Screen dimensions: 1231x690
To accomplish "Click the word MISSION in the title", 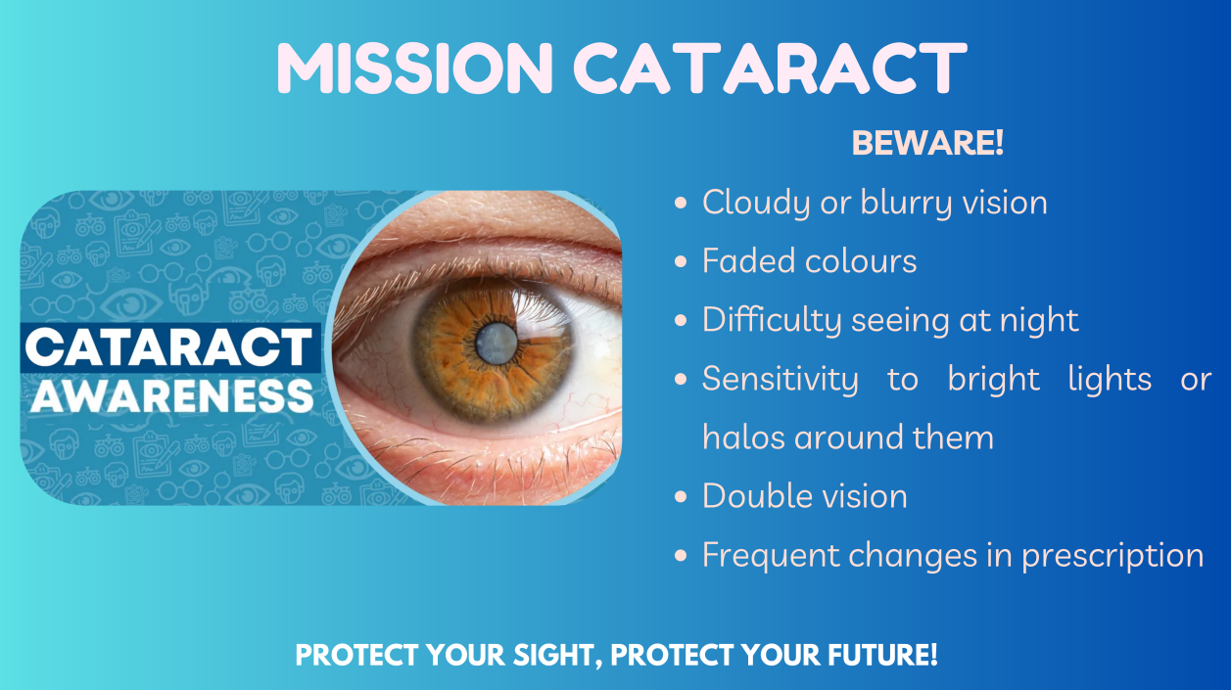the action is click(x=415, y=69).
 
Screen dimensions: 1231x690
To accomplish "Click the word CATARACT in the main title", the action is click(x=770, y=69).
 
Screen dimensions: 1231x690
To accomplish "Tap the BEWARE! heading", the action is click(x=927, y=143).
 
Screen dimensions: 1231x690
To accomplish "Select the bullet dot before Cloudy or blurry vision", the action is click(x=681, y=203).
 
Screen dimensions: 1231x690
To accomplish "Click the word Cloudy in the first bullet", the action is click(x=756, y=204).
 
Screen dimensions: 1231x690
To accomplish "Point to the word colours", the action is click(x=861, y=260).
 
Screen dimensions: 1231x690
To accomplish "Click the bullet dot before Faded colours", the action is click(x=681, y=261).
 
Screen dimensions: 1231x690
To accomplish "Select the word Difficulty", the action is click(x=772, y=320).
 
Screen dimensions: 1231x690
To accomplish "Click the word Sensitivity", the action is click(x=781, y=380).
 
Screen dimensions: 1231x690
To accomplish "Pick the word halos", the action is click(x=743, y=437).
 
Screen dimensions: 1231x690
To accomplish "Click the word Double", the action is click(x=757, y=496).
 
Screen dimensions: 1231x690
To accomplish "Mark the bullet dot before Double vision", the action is click(x=681, y=496).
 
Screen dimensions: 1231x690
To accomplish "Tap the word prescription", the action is click(x=1113, y=556).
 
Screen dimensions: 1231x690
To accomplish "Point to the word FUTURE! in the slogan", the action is click(x=882, y=655).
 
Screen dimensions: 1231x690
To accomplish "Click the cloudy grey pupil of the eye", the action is click(x=497, y=344).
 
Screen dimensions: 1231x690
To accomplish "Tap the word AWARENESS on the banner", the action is click(x=172, y=395).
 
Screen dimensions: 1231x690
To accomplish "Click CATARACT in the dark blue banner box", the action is click(x=168, y=347).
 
